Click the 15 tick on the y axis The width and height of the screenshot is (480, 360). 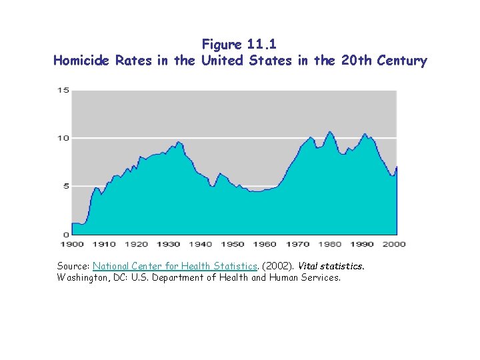(x=63, y=90)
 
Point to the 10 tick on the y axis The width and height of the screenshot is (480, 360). (x=63, y=138)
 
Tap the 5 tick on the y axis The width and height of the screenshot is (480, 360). (x=65, y=186)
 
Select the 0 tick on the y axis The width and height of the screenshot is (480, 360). (x=65, y=235)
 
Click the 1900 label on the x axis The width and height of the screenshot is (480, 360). (x=71, y=244)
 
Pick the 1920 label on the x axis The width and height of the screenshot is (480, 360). (x=136, y=244)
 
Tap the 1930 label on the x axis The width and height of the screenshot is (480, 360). (x=169, y=244)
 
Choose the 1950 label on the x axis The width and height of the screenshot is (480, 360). (x=233, y=244)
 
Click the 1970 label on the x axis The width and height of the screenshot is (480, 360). (x=297, y=244)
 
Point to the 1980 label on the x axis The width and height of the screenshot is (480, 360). (x=330, y=244)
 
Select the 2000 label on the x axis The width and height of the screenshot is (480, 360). (x=395, y=244)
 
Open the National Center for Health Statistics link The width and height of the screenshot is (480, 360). (x=175, y=266)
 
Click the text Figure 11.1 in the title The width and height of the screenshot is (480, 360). (x=240, y=45)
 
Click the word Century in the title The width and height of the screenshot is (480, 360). (x=401, y=61)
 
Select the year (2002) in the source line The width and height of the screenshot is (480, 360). (x=277, y=266)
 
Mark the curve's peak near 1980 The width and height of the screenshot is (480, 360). (x=329, y=132)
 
